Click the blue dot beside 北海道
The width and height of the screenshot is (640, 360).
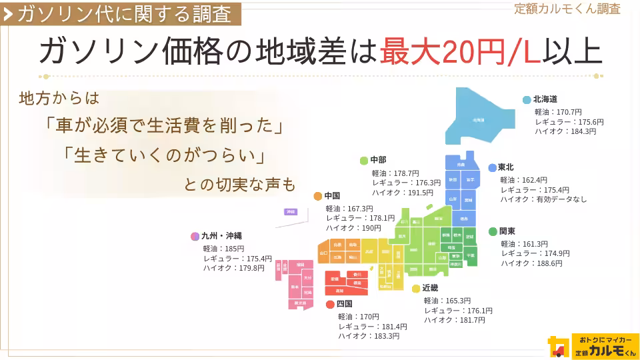527,99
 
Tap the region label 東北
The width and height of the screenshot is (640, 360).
505,167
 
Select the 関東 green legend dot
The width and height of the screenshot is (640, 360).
493,231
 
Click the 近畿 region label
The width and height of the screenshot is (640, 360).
430,288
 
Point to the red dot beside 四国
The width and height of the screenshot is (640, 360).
330,304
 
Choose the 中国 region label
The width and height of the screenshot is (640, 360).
332,196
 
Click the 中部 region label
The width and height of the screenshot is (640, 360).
378,160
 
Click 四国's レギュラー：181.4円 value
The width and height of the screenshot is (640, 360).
372,327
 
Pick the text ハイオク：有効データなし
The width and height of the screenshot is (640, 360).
543,199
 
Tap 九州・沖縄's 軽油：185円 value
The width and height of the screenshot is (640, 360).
224,248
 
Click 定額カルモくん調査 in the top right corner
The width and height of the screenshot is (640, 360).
567,9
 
